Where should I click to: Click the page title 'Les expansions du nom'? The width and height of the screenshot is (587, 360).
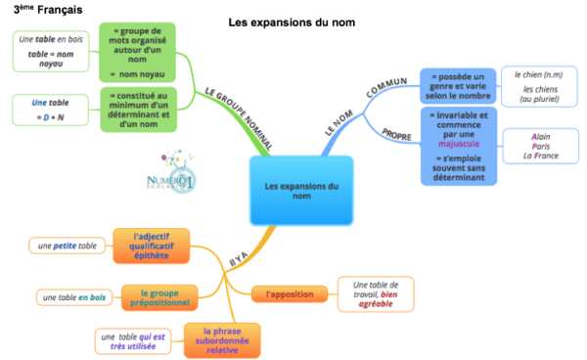291,22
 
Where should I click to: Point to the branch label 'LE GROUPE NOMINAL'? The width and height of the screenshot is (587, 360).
237,117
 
